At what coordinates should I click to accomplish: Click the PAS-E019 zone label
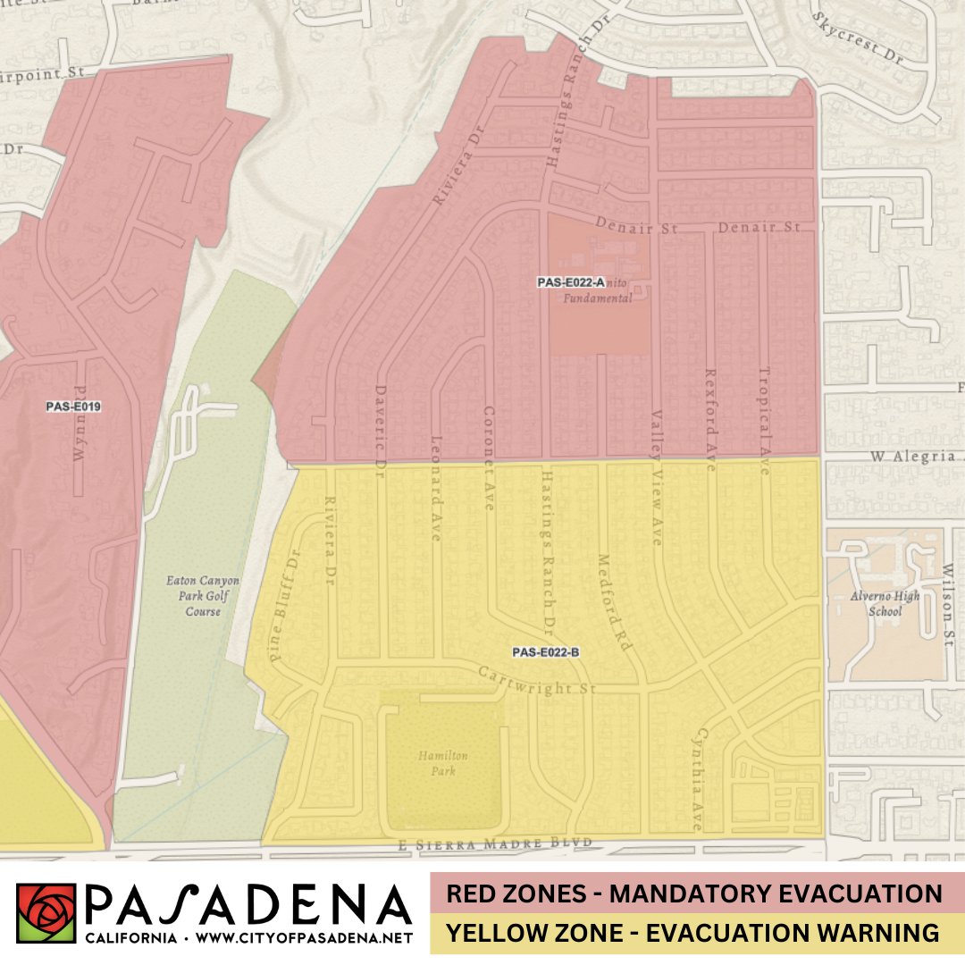tap(74, 407)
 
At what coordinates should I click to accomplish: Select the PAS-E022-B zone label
tap(547, 652)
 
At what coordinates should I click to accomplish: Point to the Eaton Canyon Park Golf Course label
tap(203, 596)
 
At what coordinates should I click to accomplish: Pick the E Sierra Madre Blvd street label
tap(495, 843)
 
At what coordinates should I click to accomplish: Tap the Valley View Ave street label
tap(657, 478)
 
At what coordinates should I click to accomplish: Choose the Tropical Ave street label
tap(764, 420)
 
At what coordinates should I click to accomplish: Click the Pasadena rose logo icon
tap(46, 913)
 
